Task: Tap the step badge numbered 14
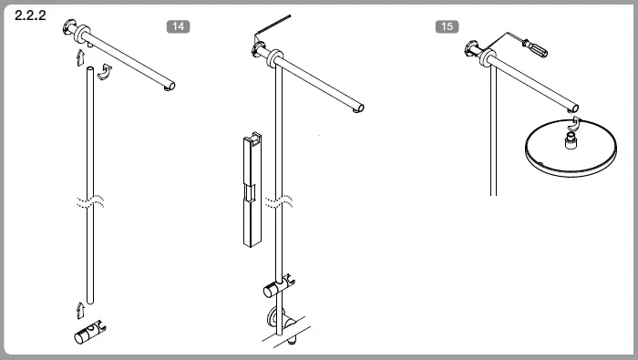click(179, 26)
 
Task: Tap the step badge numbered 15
click(446, 26)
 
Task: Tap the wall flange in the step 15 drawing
click(475, 51)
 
